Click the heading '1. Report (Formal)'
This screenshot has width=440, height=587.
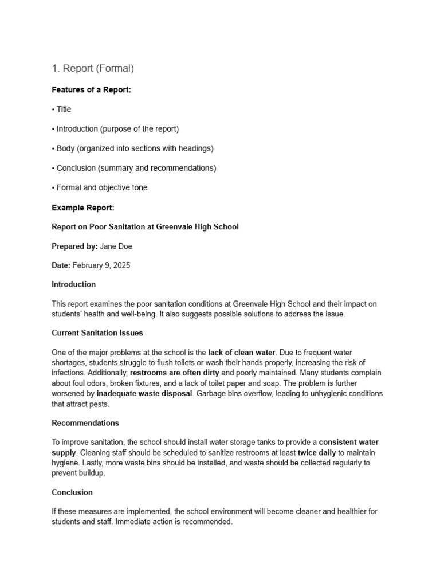click(93, 69)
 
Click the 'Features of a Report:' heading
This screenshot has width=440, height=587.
click(91, 89)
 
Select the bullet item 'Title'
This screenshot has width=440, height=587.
click(64, 109)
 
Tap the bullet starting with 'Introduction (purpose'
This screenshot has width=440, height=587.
click(117, 129)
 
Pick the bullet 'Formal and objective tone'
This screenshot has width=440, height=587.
click(101, 187)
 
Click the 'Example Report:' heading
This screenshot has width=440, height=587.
click(83, 208)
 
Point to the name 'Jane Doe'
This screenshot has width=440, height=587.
click(117, 246)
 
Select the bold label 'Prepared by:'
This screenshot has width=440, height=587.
click(74, 246)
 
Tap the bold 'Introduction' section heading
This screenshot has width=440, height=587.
click(74, 284)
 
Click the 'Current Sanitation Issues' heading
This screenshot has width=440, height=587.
click(97, 332)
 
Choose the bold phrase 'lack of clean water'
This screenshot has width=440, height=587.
click(241, 353)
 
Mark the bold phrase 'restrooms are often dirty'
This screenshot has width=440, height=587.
click(175, 373)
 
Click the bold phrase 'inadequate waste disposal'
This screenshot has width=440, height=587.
click(144, 394)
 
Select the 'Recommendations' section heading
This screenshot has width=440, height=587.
click(85, 423)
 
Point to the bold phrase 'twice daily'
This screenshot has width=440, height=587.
click(317, 453)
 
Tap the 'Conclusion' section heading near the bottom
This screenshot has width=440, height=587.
click(72, 492)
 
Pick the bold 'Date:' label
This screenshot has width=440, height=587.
click(61, 265)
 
